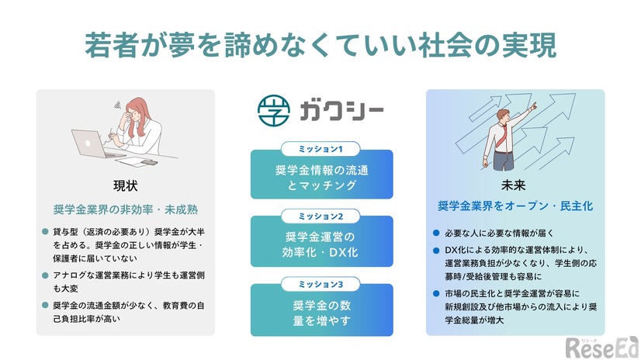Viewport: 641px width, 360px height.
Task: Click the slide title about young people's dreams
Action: tap(320, 44)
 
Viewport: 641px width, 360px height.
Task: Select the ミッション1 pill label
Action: tap(320, 148)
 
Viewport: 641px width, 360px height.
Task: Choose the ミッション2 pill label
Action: tap(320, 216)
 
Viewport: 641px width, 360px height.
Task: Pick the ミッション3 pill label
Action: tap(320, 283)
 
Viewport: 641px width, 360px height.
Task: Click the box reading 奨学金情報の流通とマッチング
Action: tap(320, 177)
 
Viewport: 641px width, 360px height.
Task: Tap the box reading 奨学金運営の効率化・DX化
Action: tap(320, 244)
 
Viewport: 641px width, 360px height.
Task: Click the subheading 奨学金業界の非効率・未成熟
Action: tap(125, 208)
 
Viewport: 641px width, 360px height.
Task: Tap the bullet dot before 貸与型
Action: tap(47, 231)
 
